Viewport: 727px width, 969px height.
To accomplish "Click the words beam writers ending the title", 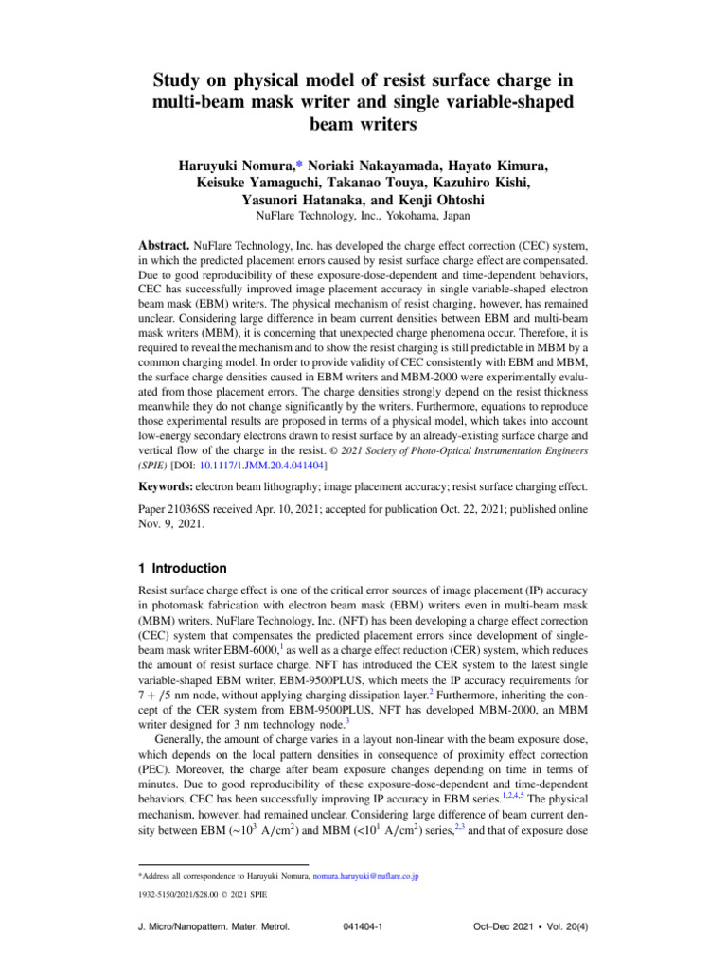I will (x=363, y=125).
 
